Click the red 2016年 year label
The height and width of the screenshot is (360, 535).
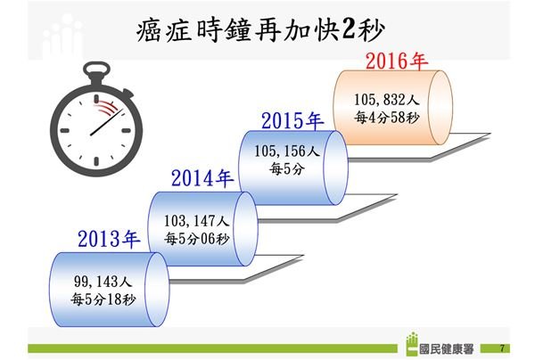(397, 61)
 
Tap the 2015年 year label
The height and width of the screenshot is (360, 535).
(292, 120)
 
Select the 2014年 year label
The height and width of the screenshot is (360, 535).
(202, 178)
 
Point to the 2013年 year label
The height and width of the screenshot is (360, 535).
(109, 239)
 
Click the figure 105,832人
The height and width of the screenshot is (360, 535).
(386, 100)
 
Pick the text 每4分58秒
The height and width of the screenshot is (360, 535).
(386, 118)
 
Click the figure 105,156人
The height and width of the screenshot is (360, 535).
(286, 151)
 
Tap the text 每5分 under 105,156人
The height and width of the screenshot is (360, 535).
(286, 168)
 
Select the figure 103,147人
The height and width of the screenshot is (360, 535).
(196, 221)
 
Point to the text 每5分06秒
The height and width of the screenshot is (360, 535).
(196, 239)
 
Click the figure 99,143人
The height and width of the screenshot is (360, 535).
(103, 282)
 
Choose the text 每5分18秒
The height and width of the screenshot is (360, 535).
(103, 299)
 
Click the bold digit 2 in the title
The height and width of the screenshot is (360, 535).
(349, 29)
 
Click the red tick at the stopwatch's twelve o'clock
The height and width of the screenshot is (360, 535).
(96, 99)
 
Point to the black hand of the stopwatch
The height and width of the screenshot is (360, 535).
(106, 122)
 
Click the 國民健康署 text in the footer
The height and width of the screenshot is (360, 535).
(447, 349)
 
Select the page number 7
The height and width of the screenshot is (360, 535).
(502, 348)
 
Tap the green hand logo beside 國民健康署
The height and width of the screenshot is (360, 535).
(412, 344)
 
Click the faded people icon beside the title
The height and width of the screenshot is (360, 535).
(62, 36)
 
